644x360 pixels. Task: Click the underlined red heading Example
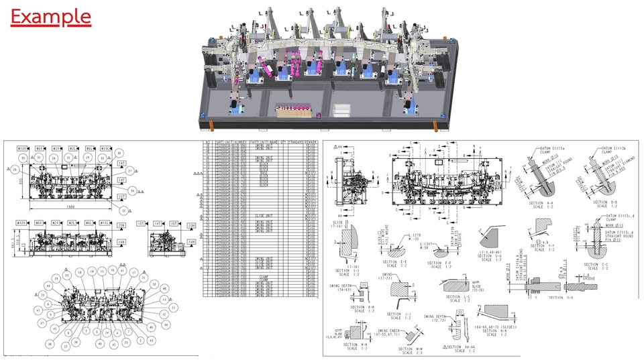pos(51,16)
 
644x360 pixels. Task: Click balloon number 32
pos(124,210)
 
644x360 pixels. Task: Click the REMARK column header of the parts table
pos(311,143)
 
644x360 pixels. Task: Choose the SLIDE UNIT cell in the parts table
pos(264,216)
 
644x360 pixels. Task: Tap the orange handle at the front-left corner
pos(213,125)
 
